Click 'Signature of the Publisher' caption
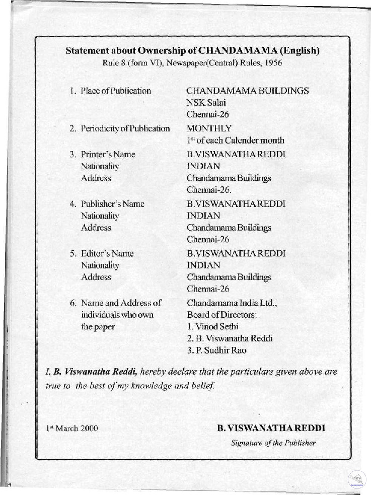pos(273,443)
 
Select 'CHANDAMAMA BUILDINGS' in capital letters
pos(248,91)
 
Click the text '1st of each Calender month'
pos(235,140)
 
